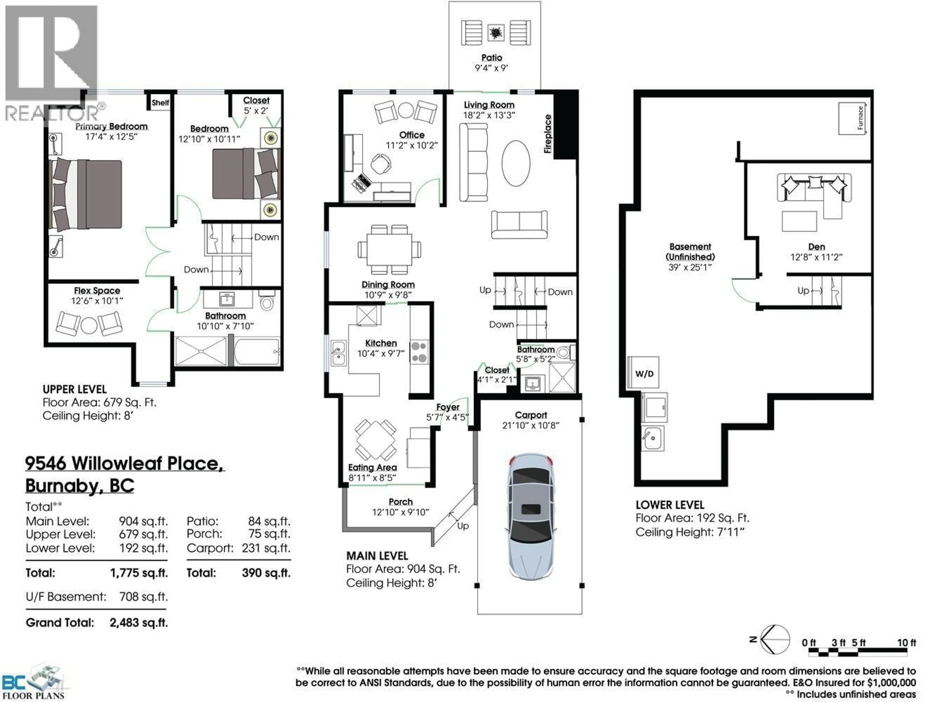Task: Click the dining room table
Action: [x=389, y=249]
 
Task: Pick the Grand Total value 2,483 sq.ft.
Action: [x=139, y=623]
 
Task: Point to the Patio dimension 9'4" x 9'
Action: [x=491, y=68]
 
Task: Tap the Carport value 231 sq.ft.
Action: [x=266, y=548]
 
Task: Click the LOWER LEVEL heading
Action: [x=670, y=505]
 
